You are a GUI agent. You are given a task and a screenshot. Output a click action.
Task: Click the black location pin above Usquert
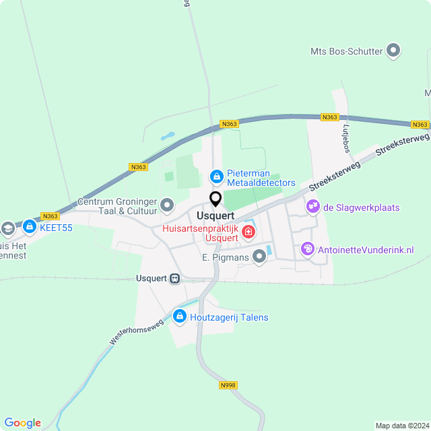pyautogui.click(x=215, y=199)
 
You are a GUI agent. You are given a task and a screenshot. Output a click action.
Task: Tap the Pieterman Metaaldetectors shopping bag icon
pyautogui.click(x=216, y=177)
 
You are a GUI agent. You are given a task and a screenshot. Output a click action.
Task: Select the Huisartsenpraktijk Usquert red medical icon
pyautogui.click(x=248, y=232)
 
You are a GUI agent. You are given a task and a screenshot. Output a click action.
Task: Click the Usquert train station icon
pyautogui.click(x=175, y=278)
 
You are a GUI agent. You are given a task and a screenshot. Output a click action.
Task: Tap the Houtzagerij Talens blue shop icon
pyautogui.click(x=179, y=316)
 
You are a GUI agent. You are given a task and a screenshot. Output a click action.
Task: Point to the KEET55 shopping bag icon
pyautogui.click(x=30, y=227)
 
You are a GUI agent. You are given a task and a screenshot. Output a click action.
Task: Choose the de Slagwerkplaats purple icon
pyautogui.click(x=312, y=207)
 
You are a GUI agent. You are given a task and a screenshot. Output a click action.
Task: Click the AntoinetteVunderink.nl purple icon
pyautogui.click(x=308, y=249)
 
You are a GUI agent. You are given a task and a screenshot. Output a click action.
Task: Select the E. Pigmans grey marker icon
pyautogui.click(x=259, y=257)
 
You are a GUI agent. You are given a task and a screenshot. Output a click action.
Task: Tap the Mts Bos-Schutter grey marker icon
pyautogui.click(x=394, y=51)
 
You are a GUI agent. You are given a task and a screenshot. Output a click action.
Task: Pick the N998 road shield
pyautogui.click(x=228, y=385)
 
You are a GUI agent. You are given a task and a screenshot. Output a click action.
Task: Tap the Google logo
pyautogui.click(x=22, y=422)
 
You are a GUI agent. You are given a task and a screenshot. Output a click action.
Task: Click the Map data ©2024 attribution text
pyautogui.click(x=401, y=425)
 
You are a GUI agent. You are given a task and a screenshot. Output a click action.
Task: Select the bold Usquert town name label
pyautogui.click(x=215, y=215)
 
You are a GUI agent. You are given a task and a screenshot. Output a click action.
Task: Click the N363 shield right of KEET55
pyautogui.click(x=50, y=216)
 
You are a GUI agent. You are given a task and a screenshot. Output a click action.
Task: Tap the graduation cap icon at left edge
pyautogui.click(x=7, y=228)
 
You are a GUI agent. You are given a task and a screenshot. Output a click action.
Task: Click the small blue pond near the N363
pyautogui.click(x=167, y=136)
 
